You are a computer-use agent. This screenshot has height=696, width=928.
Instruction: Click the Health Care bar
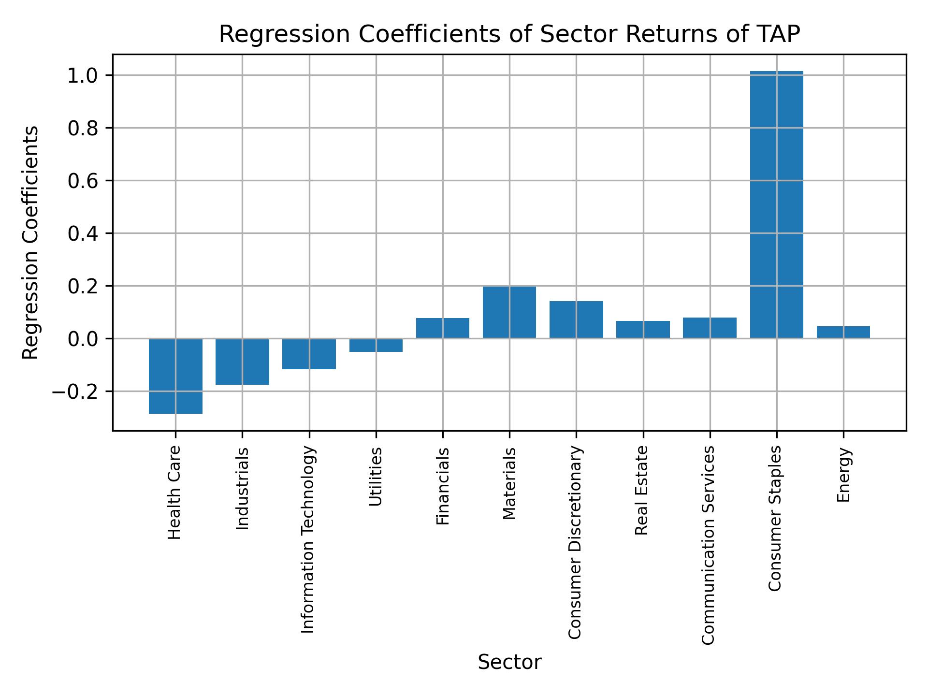click(x=175, y=376)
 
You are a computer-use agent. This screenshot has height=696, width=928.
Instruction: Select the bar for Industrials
click(x=242, y=362)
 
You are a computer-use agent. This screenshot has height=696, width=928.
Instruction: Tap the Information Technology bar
click(x=309, y=354)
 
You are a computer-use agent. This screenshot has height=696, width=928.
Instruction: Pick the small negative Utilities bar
click(x=376, y=345)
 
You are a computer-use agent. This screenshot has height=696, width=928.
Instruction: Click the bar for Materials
click(x=509, y=312)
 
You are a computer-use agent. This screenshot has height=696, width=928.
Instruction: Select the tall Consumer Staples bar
click(x=776, y=205)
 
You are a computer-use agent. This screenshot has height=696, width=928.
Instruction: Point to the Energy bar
click(x=843, y=333)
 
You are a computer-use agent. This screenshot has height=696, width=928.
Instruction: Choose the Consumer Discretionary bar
click(x=576, y=319)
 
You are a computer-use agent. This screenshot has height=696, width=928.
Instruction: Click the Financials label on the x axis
click(x=443, y=486)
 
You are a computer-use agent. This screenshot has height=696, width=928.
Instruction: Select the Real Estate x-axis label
click(x=642, y=491)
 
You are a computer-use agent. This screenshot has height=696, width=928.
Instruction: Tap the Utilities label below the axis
click(x=376, y=477)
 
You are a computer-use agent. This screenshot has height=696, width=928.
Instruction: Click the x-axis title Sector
click(x=509, y=663)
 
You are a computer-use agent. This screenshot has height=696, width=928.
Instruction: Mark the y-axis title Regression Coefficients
click(x=31, y=243)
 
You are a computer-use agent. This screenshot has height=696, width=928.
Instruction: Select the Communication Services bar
click(x=710, y=328)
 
